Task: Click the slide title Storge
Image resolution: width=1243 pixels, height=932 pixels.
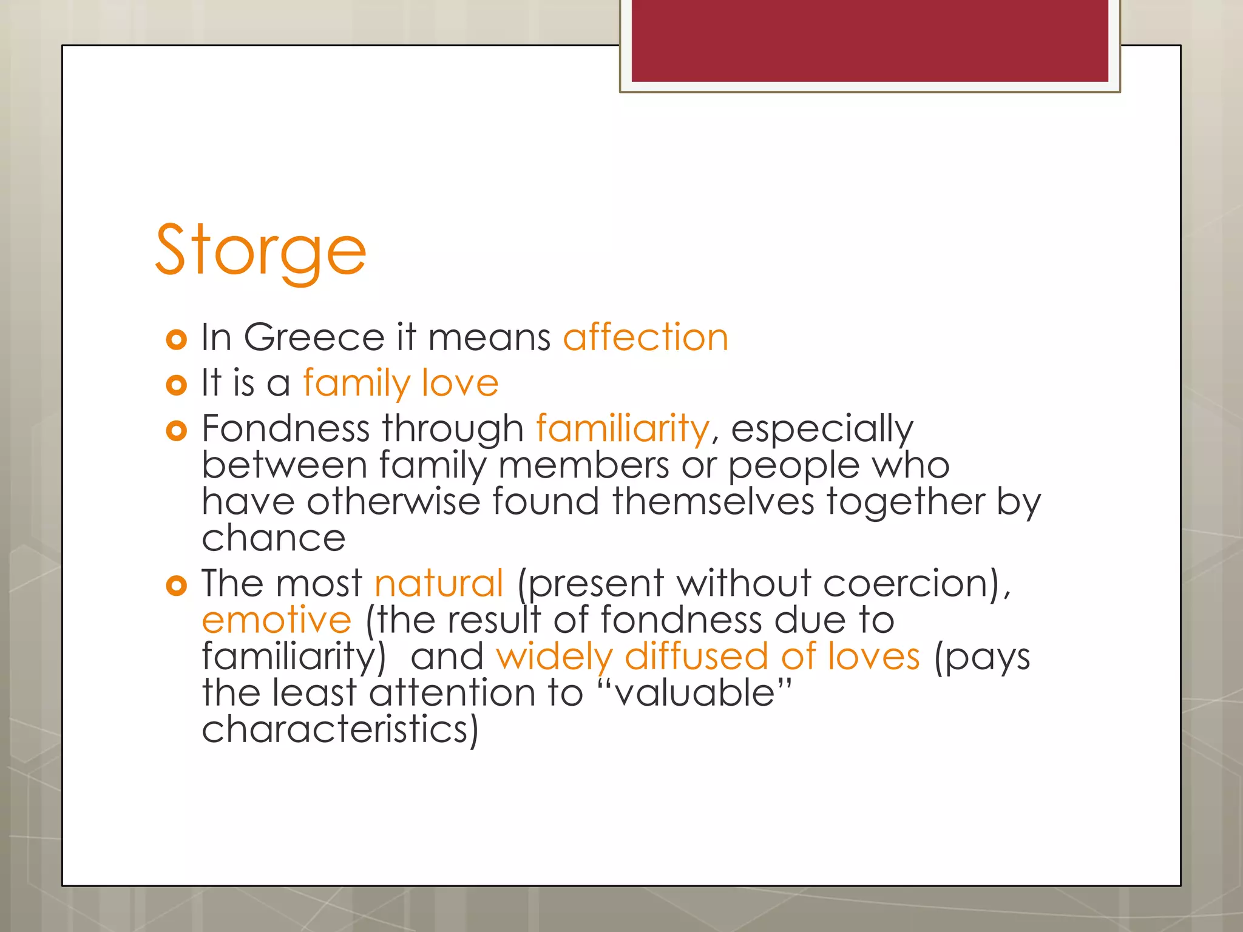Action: coord(261,250)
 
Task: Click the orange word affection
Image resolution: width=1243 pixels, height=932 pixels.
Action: coord(645,337)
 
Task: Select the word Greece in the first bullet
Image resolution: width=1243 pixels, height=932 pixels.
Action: coord(314,337)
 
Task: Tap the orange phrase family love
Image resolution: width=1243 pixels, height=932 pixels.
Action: coord(401,383)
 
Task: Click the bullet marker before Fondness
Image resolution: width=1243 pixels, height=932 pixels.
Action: coord(176,431)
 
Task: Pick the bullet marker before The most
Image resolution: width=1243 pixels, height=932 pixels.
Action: coord(176,586)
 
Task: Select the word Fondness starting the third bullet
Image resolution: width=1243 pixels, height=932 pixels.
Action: coord(285,428)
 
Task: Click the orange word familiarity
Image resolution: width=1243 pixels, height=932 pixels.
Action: coord(622,428)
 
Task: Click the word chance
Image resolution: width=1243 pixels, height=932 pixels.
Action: coord(273,538)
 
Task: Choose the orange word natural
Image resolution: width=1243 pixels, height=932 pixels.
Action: coord(439,583)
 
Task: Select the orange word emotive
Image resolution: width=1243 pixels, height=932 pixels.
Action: coord(276,620)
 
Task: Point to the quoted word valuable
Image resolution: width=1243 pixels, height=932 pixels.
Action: coord(694,693)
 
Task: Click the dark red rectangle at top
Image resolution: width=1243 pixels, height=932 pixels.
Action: coord(869,40)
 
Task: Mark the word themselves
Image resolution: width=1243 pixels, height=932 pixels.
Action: coord(713,502)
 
